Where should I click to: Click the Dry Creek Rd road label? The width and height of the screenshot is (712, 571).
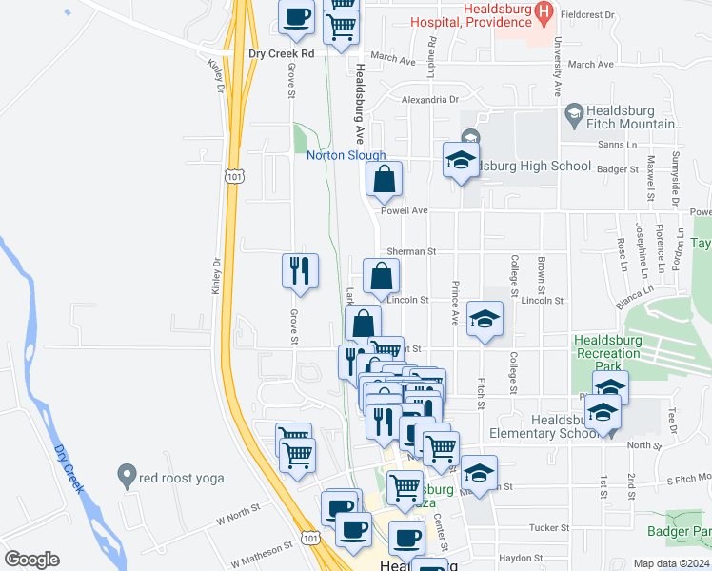pyautogui.click(x=281, y=54)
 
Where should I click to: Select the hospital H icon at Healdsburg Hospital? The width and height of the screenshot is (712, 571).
pyautogui.click(x=544, y=12)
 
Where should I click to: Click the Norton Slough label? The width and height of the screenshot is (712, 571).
pyautogui.click(x=346, y=156)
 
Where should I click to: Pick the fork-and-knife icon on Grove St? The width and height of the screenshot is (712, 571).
pyautogui.click(x=301, y=271)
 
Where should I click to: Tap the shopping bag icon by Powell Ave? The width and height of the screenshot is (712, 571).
pyautogui.click(x=384, y=179)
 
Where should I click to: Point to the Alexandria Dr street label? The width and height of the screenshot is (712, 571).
pyautogui.click(x=429, y=99)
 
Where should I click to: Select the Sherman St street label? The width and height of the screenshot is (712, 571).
pyautogui.click(x=416, y=252)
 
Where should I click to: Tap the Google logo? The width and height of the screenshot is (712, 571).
pyautogui.click(x=31, y=559)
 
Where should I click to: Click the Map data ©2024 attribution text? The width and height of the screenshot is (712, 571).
pyautogui.click(x=672, y=563)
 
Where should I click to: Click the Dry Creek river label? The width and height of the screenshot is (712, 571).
pyautogui.click(x=68, y=468)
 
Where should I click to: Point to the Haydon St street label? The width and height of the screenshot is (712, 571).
pyautogui.click(x=522, y=558)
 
